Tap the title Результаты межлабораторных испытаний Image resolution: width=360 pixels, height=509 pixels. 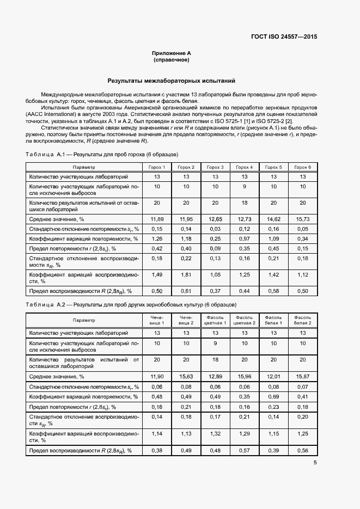pyautogui.click(x=175, y=80)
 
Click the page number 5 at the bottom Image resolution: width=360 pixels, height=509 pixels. pyautogui.click(x=315, y=463)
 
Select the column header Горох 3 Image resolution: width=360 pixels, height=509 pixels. pyautogui.click(x=215, y=167)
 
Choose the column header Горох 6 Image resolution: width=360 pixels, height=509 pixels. pyautogui.click(x=302, y=167)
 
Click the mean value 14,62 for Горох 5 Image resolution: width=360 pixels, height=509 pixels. pyautogui.click(x=273, y=219)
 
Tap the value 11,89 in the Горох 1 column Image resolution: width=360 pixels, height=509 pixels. pyautogui.click(x=157, y=219)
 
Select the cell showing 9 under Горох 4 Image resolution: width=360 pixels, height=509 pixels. pyautogui.click(x=244, y=187)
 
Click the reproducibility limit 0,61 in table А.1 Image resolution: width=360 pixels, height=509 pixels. pyautogui.click(x=186, y=291)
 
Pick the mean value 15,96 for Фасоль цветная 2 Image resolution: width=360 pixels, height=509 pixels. pyautogui.click(x=244, y=376)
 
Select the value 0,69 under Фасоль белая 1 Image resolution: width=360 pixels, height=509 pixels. pyautogui.click(x=273, y=397)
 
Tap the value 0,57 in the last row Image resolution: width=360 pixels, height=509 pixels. pyautogui.click(x=244, y=451)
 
